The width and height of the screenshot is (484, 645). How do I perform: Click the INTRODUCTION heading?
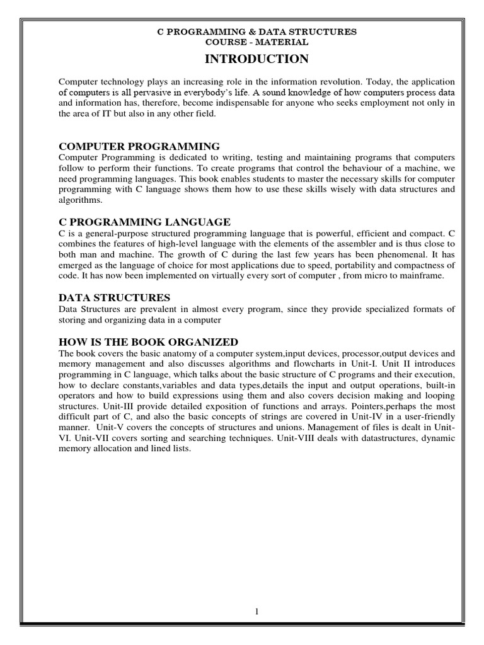click(x=256, y=59)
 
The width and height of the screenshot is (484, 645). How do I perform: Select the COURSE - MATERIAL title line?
click(x=256, y=42)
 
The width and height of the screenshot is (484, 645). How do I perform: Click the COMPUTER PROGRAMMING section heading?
click(x=139, y=146)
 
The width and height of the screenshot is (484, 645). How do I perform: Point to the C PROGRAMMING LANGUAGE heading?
click(x=144, y=222)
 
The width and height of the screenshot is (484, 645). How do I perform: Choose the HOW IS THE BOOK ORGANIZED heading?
click(x=148, y=342)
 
